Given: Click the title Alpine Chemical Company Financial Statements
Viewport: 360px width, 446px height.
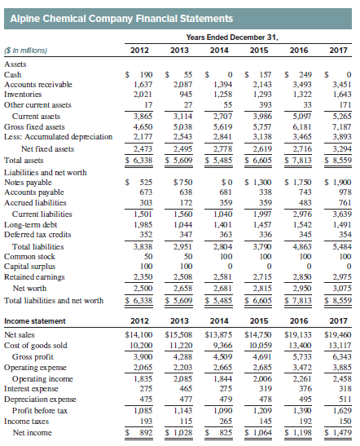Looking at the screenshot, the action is coord(121,19).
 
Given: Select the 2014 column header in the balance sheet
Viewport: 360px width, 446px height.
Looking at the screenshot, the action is coord(219,51).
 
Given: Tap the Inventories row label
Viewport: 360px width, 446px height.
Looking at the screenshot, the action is coord(23,94).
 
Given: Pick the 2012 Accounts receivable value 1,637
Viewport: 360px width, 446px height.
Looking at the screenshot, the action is coord(143,85).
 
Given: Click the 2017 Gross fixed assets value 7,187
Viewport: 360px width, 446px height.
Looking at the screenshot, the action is coord(342,127).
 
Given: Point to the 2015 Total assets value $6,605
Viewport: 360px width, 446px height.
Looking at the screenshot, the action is coord(258,161).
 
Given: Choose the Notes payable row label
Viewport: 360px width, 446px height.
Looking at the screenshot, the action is coord(28,183).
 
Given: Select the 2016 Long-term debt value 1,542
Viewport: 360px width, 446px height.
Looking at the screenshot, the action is coord(302,225).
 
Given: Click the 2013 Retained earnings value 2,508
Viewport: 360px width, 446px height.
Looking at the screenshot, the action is coord(182,276).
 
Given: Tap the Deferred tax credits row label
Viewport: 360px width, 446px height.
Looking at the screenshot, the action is coord(37,235).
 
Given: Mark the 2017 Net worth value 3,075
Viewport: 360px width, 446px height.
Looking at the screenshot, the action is coord(342,289).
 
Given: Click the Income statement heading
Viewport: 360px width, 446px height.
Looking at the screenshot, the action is coord(35,321).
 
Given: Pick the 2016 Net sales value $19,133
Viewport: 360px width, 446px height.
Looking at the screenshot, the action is coord(298,335).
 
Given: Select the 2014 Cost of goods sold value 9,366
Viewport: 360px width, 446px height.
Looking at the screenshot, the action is coord(222,346).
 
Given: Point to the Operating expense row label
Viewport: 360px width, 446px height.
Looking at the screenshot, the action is coord(35,368).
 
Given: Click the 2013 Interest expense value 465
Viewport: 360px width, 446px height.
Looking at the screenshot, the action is coord(186,389).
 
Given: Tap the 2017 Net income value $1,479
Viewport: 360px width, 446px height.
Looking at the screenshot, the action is coord(338,433).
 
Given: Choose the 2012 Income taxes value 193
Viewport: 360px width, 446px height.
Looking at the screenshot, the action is coord(146,421).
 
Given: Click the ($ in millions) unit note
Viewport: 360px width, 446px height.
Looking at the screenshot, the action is coord(25,51).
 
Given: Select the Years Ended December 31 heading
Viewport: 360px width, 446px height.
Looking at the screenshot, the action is coord(232,38).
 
